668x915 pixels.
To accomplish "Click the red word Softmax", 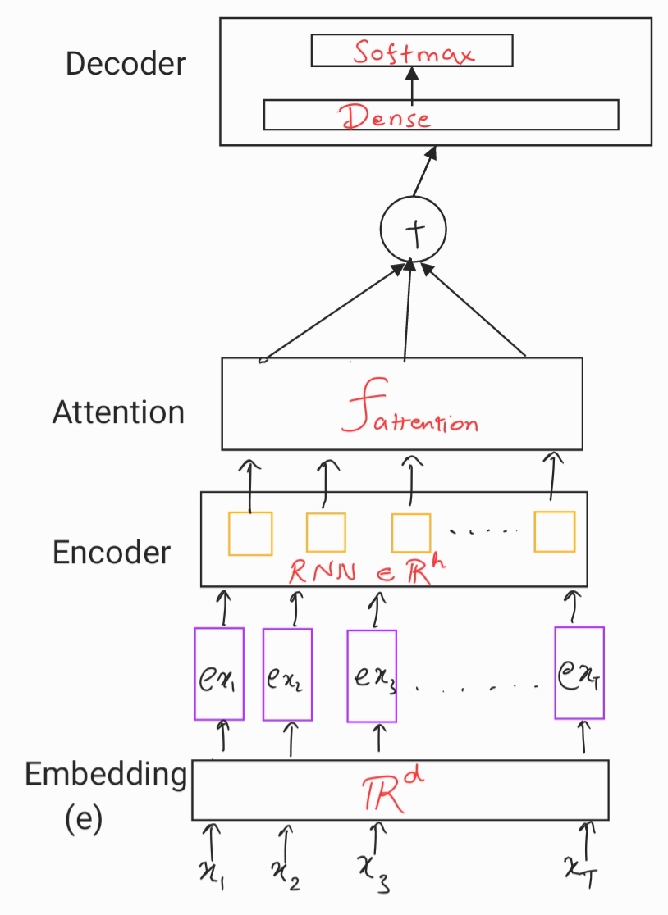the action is click(413, 52).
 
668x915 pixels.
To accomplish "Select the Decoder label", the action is click(126, 63).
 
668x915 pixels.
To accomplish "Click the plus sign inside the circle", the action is click(415, 231).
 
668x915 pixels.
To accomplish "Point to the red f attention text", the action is click(409, 407).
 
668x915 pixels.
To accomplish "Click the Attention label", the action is click(118, 412).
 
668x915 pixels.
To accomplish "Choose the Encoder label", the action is click(112, 552).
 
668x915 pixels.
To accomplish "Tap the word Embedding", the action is click(106, 774).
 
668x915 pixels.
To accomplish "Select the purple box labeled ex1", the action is click(219, 674).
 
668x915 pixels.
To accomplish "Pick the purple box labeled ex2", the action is click(288, 675).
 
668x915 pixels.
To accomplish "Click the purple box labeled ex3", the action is click(372, 676).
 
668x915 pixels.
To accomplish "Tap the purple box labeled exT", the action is click(579, 673).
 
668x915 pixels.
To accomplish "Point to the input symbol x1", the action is click(212, 873).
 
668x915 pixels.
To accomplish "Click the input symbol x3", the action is click(374, 872).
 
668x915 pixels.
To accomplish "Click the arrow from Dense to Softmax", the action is click(412, 85).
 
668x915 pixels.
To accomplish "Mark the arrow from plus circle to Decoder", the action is click(424, 171).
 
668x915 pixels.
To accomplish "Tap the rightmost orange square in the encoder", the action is click(555, 531).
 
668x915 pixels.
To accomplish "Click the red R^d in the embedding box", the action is click(392, 790).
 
